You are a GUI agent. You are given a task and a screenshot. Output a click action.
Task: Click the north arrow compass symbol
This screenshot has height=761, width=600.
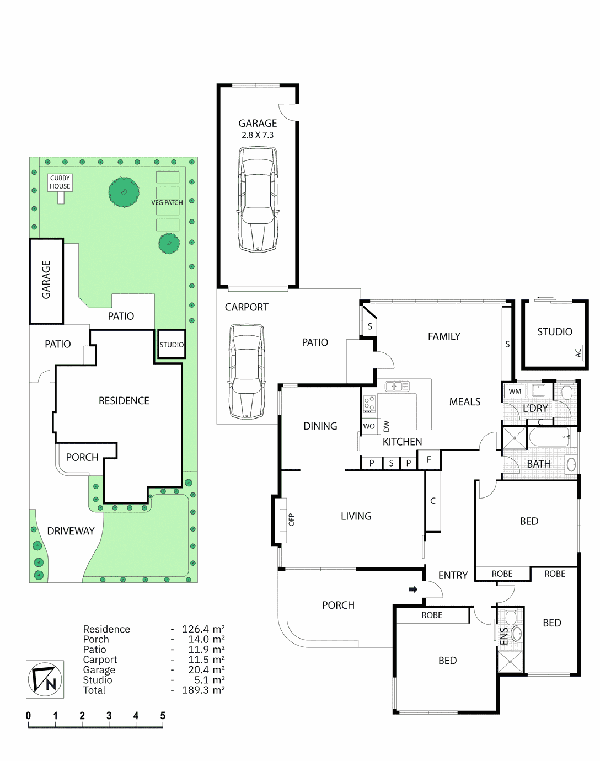click(45, 679)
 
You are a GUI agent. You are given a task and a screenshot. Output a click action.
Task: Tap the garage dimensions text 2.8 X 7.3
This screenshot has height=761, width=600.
click(257, 135)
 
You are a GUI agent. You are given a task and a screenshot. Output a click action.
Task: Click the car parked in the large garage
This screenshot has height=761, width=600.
click(258, 200)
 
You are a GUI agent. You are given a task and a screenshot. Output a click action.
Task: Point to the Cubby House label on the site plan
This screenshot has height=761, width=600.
click(60, 182)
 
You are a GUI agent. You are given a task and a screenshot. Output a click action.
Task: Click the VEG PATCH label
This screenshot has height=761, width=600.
click(167, 202)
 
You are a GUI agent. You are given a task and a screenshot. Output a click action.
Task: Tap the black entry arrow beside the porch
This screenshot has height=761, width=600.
click(413, 589)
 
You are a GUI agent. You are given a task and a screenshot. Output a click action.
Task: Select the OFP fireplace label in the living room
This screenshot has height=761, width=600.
click(292, 519)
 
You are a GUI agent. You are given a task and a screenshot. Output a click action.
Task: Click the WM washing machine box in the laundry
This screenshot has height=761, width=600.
click(515, 392)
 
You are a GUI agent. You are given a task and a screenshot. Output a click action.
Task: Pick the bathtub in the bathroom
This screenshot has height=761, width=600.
click(549, 438)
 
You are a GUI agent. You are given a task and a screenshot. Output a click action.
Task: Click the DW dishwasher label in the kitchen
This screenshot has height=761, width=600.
click(386, 426)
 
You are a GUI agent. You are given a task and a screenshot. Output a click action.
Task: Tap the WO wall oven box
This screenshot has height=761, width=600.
click(369, 426)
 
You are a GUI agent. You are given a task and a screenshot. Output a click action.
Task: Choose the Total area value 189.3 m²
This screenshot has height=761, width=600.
click(203, 690)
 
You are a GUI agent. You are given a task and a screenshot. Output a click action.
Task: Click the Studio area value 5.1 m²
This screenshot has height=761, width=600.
click(209, 680)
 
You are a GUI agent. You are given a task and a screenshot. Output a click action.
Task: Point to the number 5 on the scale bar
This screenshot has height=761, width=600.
click(163, 716)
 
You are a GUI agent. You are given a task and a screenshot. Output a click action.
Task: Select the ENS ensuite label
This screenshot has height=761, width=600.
click(503, 636)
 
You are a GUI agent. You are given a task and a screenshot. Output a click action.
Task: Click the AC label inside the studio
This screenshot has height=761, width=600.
click(578, 352)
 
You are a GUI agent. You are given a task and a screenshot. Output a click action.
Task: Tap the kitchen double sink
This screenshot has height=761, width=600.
click(397, 386)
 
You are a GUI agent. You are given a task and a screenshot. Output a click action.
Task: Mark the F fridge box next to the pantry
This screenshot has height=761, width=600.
click(429, 459)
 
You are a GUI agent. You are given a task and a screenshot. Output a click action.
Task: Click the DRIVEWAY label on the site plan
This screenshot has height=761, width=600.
click(71, 531)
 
